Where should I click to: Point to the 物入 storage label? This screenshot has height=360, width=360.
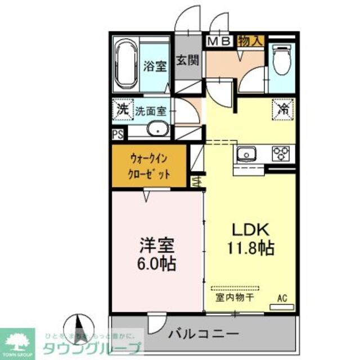(250, 41)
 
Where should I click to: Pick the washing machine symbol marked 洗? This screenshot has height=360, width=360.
(121, 109)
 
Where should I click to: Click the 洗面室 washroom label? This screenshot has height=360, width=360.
(151, 110)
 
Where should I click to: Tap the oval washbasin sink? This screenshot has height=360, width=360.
(158, 130)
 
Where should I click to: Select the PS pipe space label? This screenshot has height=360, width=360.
(118, 134)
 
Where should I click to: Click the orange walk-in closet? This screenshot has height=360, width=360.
(149, 166)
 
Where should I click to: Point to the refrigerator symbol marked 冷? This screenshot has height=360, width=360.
(281, 108)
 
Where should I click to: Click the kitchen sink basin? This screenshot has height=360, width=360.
(246, 152)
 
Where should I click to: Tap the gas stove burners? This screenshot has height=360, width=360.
(280, 152)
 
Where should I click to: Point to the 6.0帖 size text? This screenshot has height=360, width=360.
(157, 263)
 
